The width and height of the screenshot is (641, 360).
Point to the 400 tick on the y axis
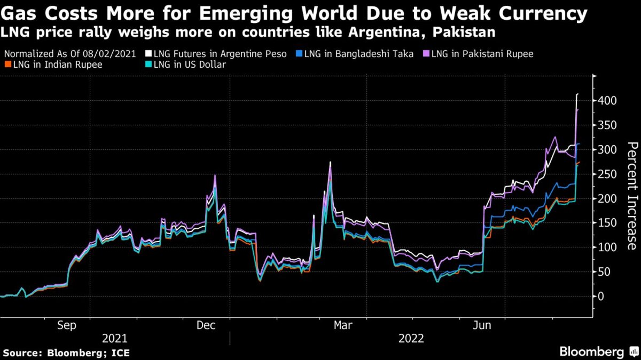pyautogui.click(x=608, y=101)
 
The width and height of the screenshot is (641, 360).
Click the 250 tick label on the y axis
pyautogui.click(x=608, y=174)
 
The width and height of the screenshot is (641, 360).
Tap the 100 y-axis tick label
pyautogui.click(x=608, y=247)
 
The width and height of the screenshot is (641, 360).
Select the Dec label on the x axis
pyautogui.click(x=206, y=325)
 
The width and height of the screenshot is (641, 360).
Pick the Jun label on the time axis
pyautogui.click(x=482, y=325)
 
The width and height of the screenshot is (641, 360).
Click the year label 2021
pyautogui.click(x=114, y=338)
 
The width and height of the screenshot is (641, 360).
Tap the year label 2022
pyautogui.click(x=411, y=338)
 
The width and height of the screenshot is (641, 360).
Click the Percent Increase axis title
pyautogui.click(x=632, y=196)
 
